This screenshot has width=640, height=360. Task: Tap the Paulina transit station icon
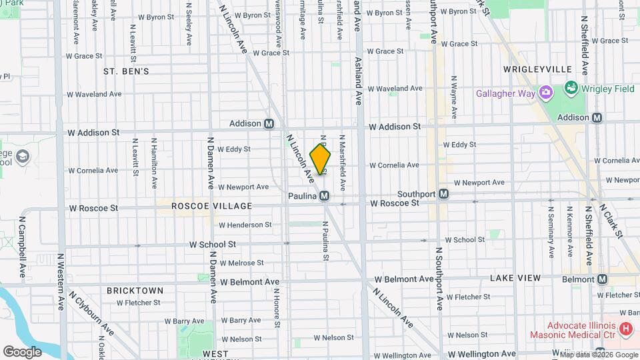click(x=324, y=196)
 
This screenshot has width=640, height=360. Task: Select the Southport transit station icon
click(x=444, y=194)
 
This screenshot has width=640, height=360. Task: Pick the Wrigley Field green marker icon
click(x=571, y=88)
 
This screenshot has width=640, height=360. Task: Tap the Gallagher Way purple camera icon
click(x=545, y=93)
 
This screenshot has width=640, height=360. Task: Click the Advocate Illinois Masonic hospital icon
click(x=625, y=329)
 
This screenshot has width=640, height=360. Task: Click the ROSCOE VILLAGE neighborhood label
click(x=212, y=206)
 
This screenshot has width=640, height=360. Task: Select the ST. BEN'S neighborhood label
click(x=126, y=71)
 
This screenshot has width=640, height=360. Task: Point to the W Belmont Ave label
click(x=249, y=282)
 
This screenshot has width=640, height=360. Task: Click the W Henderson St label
click(x=245, y=225)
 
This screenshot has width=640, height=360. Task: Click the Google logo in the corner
click(x=23, y=351)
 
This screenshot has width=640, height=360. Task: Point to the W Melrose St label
click(x=241, y=263)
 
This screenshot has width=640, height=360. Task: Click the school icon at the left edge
click(x=22, y=157)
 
